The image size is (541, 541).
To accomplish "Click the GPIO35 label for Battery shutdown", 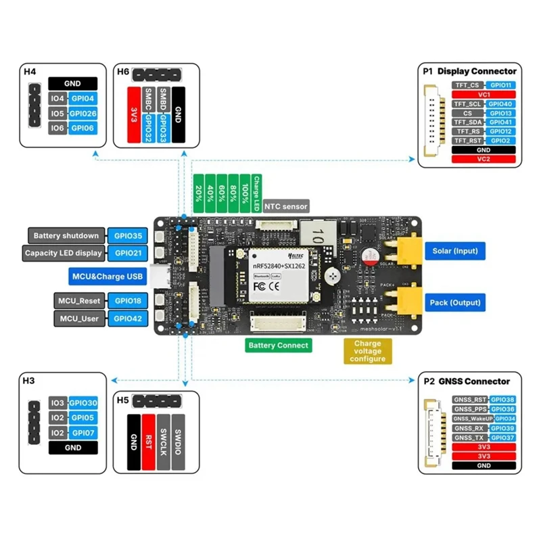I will click(128, 236).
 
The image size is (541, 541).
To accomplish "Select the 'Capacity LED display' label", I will click(64, 253).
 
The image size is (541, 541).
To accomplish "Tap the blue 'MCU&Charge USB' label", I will click(107, 276).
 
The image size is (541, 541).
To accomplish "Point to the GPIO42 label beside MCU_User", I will click(128, 317).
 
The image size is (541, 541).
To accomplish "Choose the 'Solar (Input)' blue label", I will click(454, 251).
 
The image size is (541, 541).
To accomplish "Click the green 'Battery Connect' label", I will click(278, 345).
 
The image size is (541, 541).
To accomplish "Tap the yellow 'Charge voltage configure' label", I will click(367, 351).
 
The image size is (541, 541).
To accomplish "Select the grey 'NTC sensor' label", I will click(285, 206).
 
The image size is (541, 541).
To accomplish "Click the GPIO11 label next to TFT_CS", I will click(501, 86).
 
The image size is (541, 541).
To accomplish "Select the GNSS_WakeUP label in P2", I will click(471, 419).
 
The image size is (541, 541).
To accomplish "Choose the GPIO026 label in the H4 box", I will click(83, 113).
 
